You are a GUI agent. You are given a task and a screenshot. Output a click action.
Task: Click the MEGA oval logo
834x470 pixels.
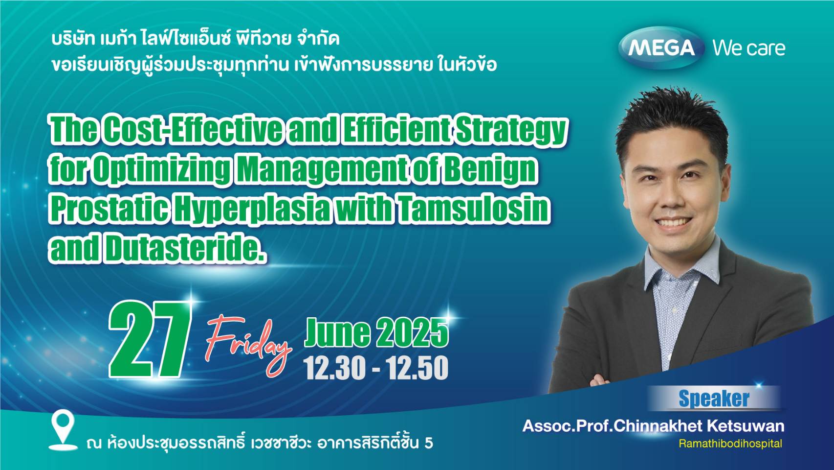pyautogui.click(x=661, y=48)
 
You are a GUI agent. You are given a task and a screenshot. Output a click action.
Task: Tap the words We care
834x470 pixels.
pyautogui.click(x=749, y=48)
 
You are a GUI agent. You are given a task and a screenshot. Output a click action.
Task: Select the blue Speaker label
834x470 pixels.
pyautogui.click(x=714, y=399)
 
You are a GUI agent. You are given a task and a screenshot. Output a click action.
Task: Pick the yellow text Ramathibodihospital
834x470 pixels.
pyautogui.click(x=730, y=444)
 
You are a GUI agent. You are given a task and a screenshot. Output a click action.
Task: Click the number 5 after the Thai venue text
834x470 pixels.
pyautogui.click(x=429, y=443)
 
